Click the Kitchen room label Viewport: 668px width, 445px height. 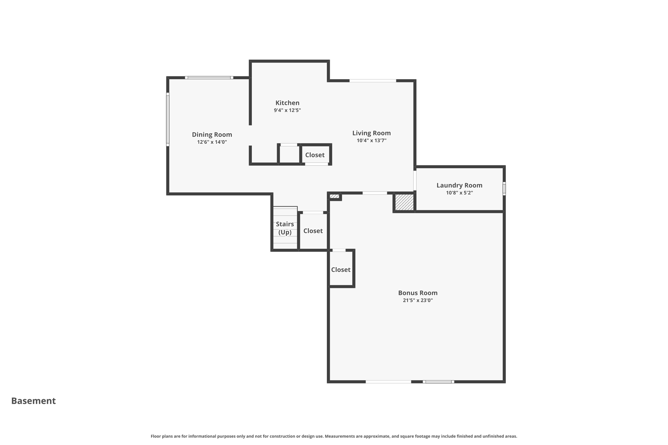tap(287, 103)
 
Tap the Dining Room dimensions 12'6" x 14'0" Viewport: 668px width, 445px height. tap(212, 142)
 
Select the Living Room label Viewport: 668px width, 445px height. tap(371, 133)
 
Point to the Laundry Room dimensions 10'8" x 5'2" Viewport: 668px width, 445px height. tap(459, 193)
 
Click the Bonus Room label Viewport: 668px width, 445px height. tap(417, 293)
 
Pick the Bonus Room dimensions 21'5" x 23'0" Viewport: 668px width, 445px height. tap(417, 300)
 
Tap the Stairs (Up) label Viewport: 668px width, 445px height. tap(285, 228)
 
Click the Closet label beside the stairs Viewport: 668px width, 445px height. tap(313, 231)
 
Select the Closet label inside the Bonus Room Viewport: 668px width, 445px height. tap(341, 270)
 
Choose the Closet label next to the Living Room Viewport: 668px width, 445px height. tap(315, 155)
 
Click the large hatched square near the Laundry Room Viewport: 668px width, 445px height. tap(404, 202)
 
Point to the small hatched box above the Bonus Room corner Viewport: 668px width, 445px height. tap(334, 196)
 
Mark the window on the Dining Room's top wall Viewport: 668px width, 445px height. tap(209, 78)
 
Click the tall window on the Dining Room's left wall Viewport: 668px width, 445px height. tap(168, 119)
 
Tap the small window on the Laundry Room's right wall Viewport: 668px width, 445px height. tap(504, 188)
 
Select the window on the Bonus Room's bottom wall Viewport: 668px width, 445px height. tap(438, 381)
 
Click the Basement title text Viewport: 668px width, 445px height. tap(34, 401)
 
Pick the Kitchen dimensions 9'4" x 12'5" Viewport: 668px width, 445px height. tap(287, 110)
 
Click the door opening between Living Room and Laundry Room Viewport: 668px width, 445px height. tap(415, 180)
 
